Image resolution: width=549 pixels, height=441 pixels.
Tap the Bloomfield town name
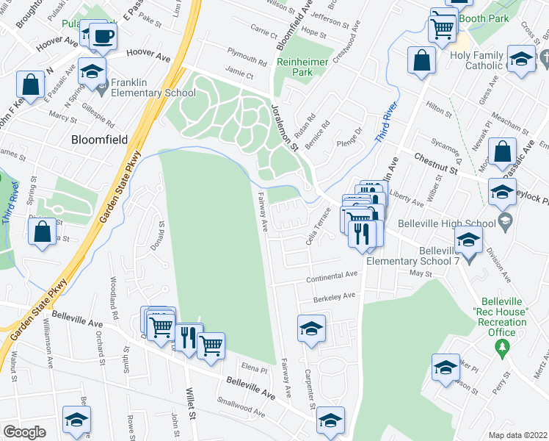pos(99,139)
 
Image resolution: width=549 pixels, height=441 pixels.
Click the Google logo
pos(24,432)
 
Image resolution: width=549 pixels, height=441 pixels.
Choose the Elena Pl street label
pos(254,363)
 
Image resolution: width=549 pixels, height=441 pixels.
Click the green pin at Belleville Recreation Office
pos(502,348)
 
